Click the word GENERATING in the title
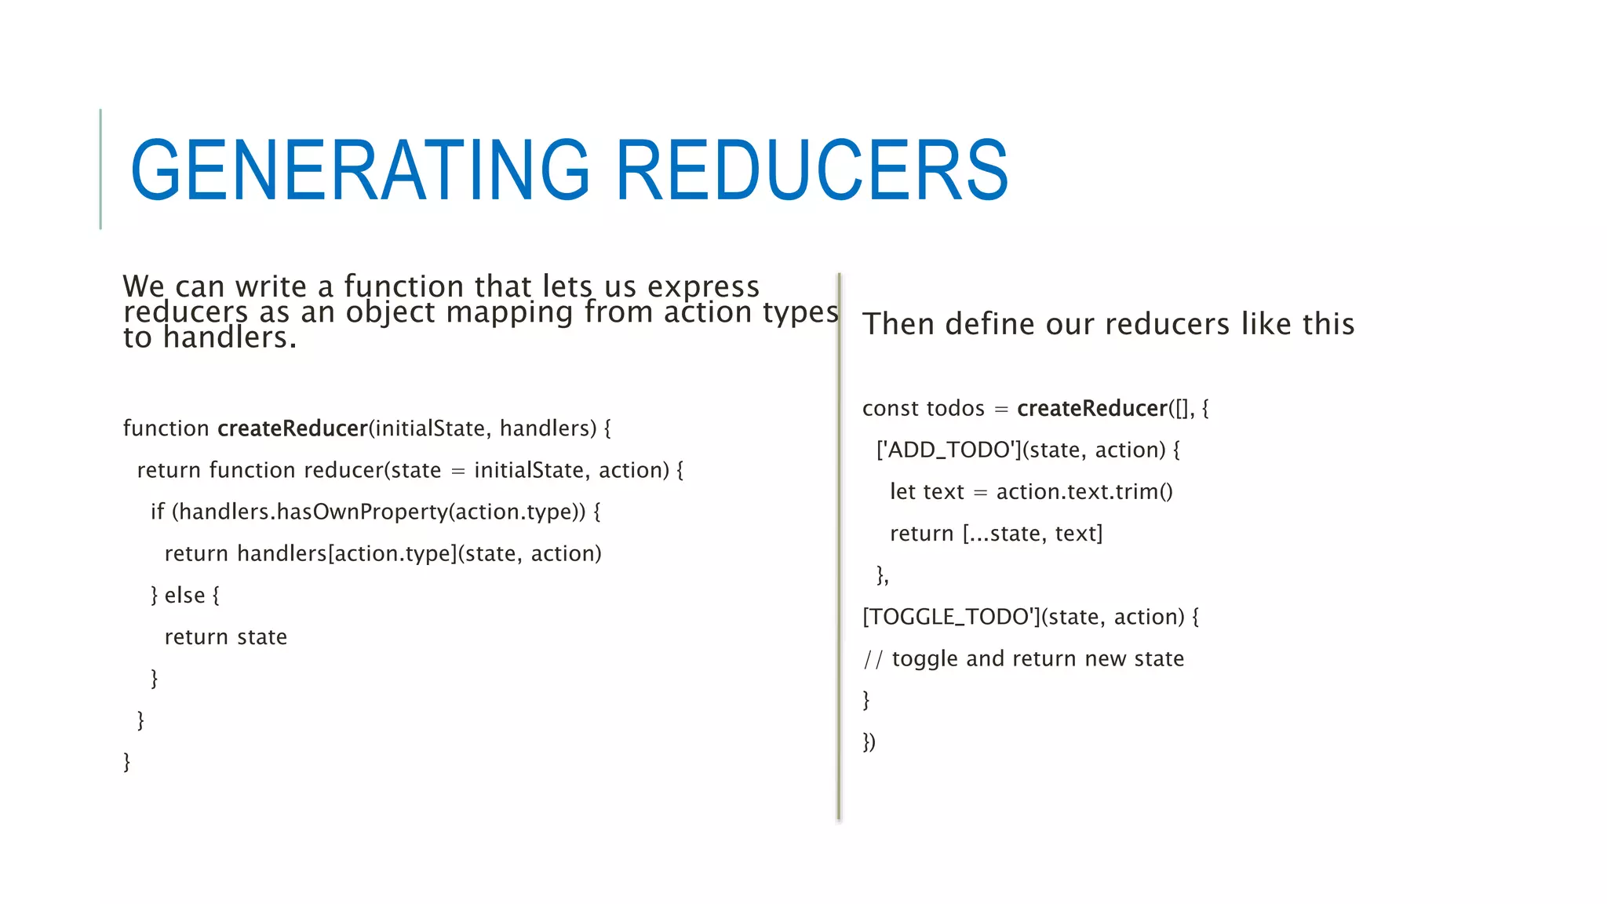(359, 170)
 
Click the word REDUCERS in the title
(812, 170)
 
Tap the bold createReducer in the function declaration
(292, 428)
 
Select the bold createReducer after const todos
(1092, 408)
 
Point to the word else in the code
(184, 596)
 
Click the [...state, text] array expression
(1033, 534)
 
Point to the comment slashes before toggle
(873, 659)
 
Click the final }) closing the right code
(869, 742)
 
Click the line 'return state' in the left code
(225, 637)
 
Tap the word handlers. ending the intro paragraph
(229, 338)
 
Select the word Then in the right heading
(899, 324)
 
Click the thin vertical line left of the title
(100, 169)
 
